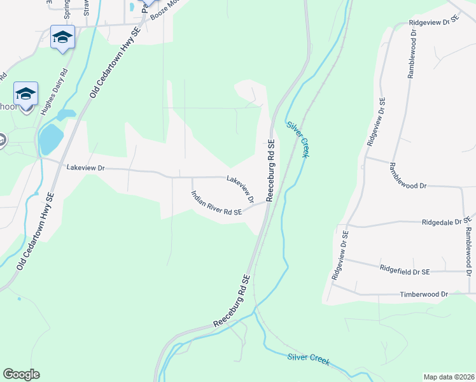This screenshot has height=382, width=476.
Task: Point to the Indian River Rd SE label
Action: tap(216, 204)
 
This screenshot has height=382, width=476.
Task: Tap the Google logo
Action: tap(21, 374)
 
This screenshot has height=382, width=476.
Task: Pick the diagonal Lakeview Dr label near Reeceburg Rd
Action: tap(241, 189)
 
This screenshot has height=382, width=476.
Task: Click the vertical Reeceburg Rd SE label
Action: tap(270, 171)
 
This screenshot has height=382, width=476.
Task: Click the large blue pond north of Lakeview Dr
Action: tap(52, 138)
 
